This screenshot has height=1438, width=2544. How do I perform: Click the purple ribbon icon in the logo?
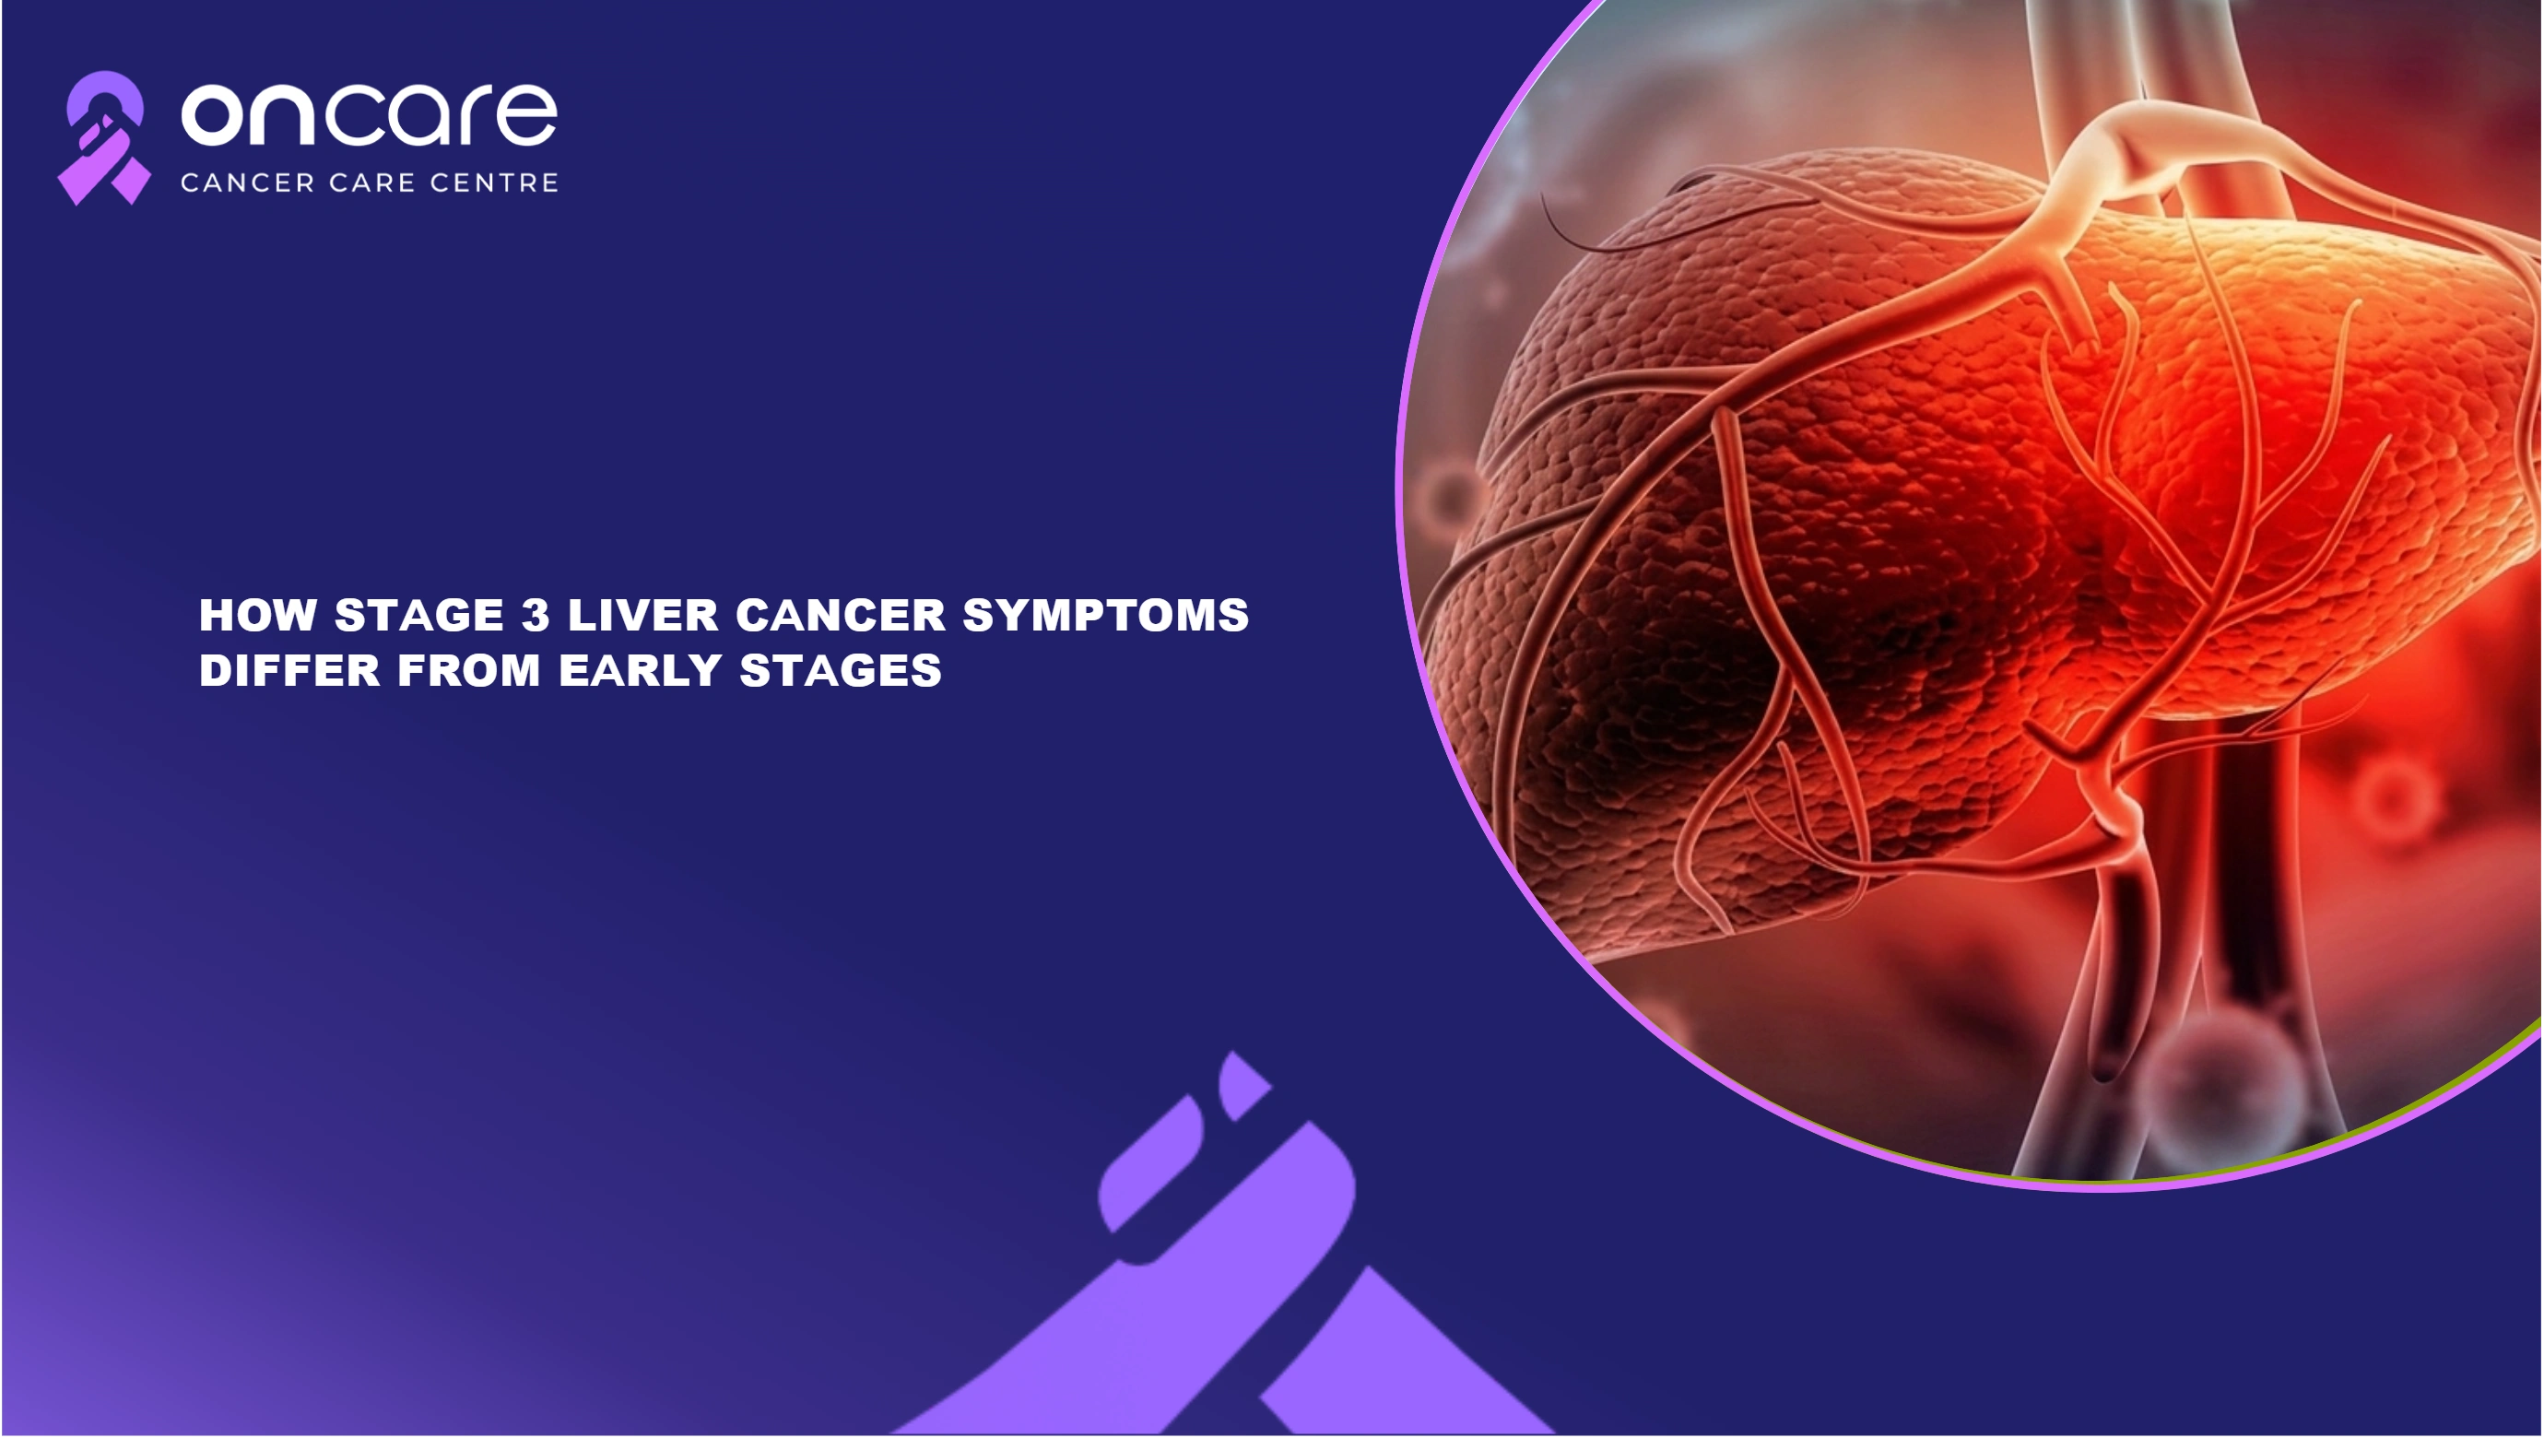click(103, 138)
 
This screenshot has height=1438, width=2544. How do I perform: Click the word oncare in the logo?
click(370, 114)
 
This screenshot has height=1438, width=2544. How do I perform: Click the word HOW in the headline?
click(258, 616)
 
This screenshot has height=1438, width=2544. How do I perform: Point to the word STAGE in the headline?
click(419, 616)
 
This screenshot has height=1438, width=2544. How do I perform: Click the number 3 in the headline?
click(536, 616)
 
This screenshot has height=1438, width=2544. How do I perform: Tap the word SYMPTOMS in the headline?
click(1106, 616)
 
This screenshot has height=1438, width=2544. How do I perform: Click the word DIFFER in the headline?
click(289, 672)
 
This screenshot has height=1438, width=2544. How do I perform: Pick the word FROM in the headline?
click(469, 672)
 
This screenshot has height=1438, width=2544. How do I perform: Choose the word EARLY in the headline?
click(640, 672)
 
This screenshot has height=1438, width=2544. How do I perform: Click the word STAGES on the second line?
click(841, 672)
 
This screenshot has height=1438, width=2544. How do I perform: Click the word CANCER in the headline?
click(841, 616)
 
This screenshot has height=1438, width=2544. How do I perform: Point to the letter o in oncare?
click(213, 114)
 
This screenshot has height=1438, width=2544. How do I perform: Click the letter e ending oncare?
click(526, 114)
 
